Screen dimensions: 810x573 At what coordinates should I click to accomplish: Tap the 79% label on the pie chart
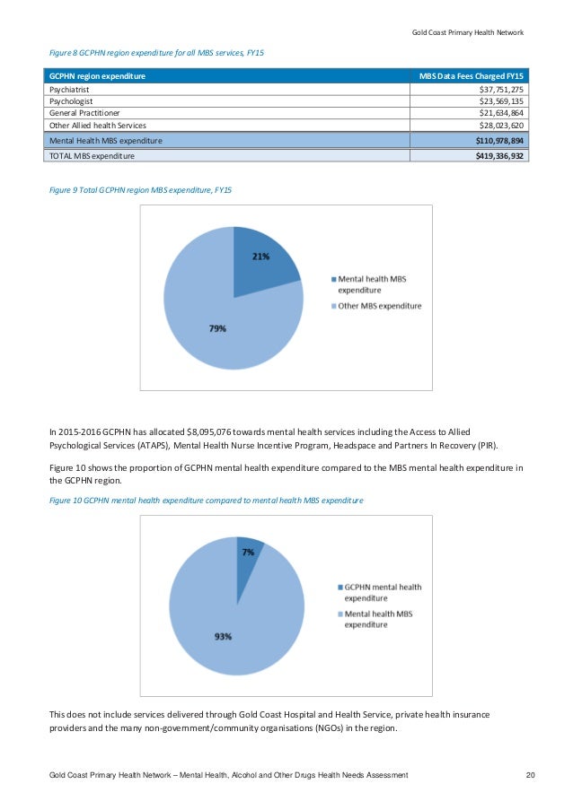point(216,328)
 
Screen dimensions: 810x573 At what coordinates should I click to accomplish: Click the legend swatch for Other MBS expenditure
point(332,307)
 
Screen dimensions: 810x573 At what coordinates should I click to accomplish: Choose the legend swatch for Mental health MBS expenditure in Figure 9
point(332,280)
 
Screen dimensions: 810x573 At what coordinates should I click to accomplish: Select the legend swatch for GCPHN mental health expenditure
point(339,588)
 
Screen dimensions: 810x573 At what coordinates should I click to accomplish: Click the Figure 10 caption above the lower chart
point(206,499)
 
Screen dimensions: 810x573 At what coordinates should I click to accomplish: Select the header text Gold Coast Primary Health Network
point(462,33)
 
